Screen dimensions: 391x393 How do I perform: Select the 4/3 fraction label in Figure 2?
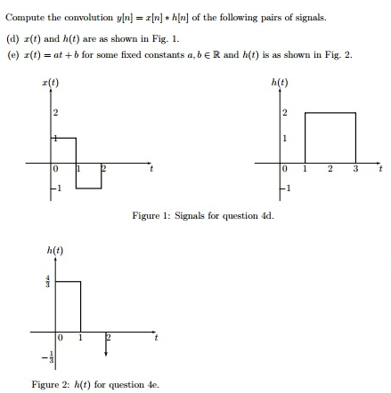tap(49, 284)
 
